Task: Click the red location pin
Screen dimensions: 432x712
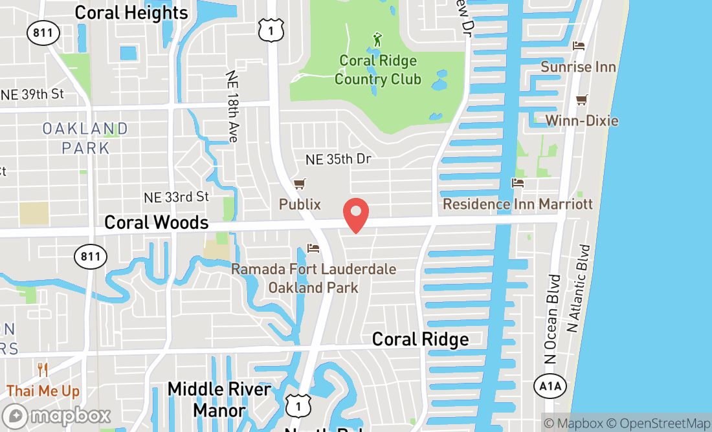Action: tap(355, 215)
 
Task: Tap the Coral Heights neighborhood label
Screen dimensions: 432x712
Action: tap(131, 12)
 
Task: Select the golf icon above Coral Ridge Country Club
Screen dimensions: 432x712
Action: tap(377, 39)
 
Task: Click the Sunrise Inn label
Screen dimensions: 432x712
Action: tap(578, 67)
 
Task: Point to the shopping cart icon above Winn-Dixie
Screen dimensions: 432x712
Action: tap(581, 100)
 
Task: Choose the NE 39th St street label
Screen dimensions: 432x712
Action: tap(32, 94)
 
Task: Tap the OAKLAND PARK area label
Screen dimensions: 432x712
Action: tap(85, 138)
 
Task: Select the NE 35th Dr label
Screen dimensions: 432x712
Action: tap(339, 159)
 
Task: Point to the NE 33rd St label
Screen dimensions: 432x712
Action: tap(177, 197)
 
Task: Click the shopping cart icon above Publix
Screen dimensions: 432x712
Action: tap(299, 185)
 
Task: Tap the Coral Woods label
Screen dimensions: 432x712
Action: tap(156, 222)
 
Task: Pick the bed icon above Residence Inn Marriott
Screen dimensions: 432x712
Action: tap(517, 183)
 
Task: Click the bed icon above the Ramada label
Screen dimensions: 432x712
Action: tap(313, 248)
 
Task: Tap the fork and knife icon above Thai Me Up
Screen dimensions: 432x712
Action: tap(43, 370)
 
